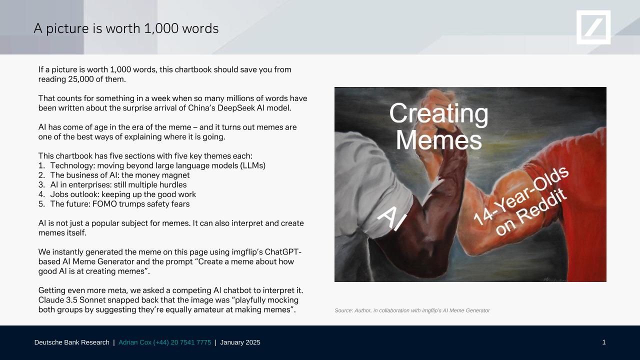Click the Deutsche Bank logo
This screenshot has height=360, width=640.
pyautogui.click(x=593, y=27)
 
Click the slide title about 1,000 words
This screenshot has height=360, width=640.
pyautogui.click(x=126, y=28)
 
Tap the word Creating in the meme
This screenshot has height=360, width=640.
pyautogui.click(x=439, y=113)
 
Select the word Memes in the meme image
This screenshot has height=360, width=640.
pyautogui.click(x=439, y=140)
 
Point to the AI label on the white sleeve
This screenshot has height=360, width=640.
pyautogui.click(x=392, y=218)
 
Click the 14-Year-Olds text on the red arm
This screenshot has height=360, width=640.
pyautogui.click(x=520, y=195)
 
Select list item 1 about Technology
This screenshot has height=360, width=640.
pyautogui.click(x=152, y=165)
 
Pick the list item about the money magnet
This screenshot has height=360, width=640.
pyautogui.click(x=114, y=175)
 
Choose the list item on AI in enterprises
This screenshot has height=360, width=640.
pyautogui.click(x=112, y=185)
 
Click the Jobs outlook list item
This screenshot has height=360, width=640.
pyautogui.click(x=117, y=194)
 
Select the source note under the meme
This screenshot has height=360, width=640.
pyautogui.click(x=412, y=310)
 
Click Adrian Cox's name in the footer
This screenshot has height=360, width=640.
pyautogui.click(x=135, y=342)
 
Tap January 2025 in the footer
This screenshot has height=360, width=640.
pyautogui.click(x=240, y=342)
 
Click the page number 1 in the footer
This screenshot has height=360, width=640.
pyautogui.click(x=603, y=342)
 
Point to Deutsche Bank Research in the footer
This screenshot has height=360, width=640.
pyautogui.click(x=71, y=342)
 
